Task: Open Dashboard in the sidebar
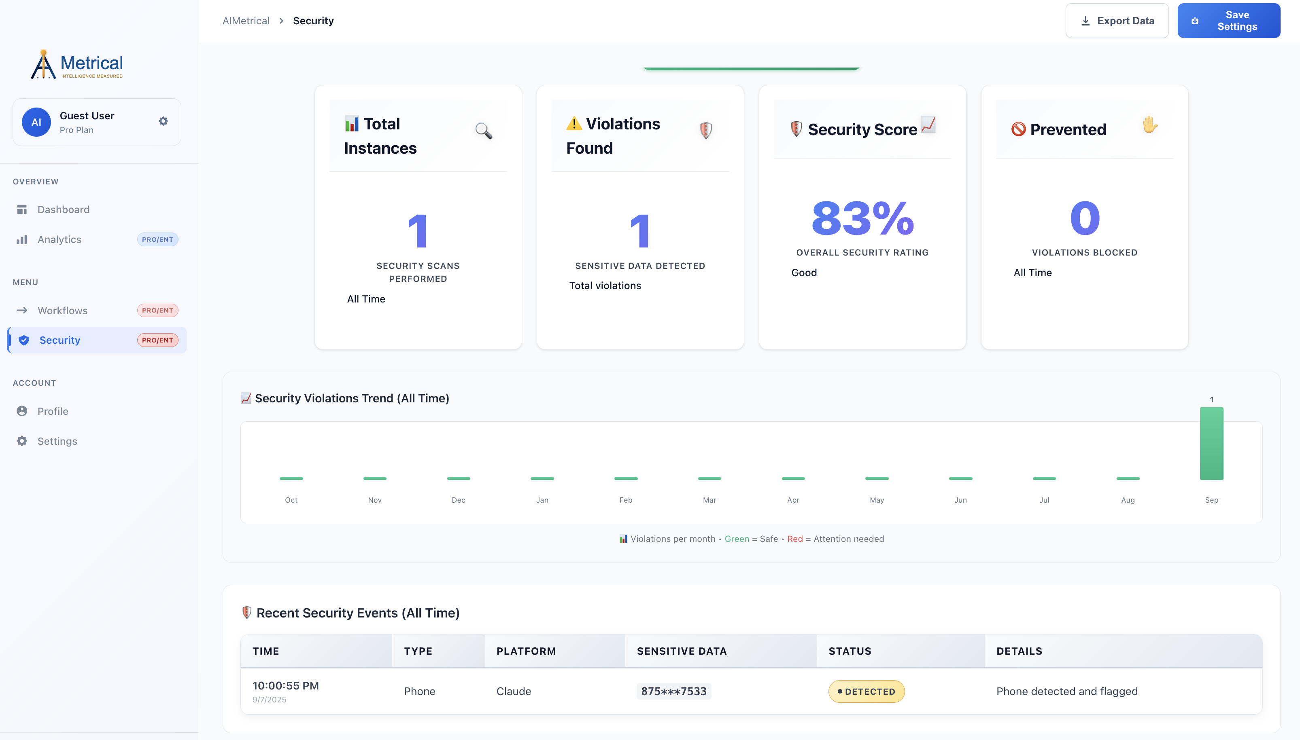pyautogui.click(x=63, y=209)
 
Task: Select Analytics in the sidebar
pyautogui.click(x=59, y=239)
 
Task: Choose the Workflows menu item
pyautogui.click(x=62, y=310)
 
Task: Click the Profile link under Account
pyautogui.click(x=52, y=411)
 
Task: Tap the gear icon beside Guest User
pyautogui.click(x=163, y=121)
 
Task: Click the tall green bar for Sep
pyautogui.click(x=1211, y=443)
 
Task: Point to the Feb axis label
pyautogui.click(x=626, y=500)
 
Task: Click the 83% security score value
pyautogui.click(x=862, y=218)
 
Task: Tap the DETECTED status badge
pyautogui.click(x=866, y=691)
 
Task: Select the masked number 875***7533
pyautogui.click(x=673, y=691)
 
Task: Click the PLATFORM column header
pyautogui.click(x=526, y=651)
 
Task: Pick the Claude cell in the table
pyautogui.click(x=513, y=691)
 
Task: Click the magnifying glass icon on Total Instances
pyautogui.click(x=483, y=131)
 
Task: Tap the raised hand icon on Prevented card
pyautogui.click(x=1149, y=125)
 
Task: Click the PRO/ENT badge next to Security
pyautogui.click(x=157, y=340)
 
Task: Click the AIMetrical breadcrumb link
pyautogui.click(x=246, y=21)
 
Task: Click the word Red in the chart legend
pyautogui.click(x=794, y=539)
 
